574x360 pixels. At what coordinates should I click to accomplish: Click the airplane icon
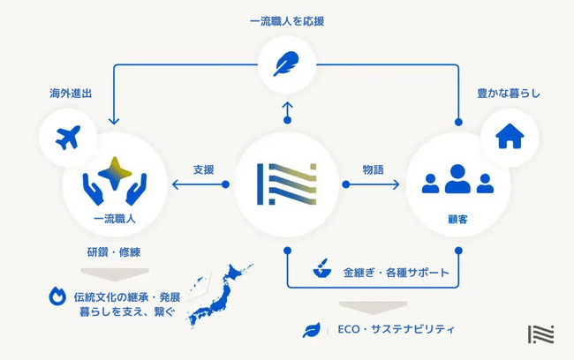click(x=67, y=138)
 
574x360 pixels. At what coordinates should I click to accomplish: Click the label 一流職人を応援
click(x=286, y=19)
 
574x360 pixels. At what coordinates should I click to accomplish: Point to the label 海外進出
click(x=71, y=93)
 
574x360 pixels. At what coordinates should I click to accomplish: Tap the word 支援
click(x=203, y=169)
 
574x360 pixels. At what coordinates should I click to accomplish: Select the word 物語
click(x=373, y=169)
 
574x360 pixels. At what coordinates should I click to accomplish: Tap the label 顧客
click(x=457, y=216)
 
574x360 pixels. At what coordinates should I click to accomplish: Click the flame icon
click(x=57, y=296)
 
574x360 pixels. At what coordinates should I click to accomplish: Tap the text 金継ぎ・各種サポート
click(x=396, y=273)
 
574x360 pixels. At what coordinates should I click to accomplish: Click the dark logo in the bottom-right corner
click(x=540, y=336)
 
